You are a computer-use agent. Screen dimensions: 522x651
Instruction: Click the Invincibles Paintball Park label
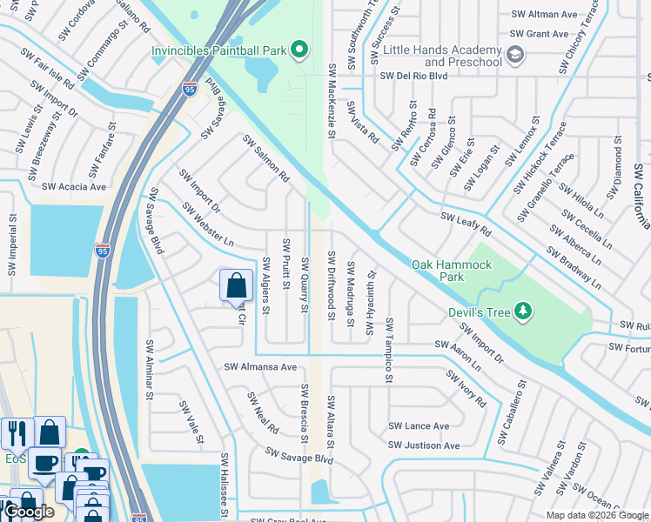tap(219, 50)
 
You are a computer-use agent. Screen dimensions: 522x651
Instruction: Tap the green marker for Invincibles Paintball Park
tap(299, 50)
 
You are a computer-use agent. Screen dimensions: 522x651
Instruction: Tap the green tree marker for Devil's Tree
tap(522, 311)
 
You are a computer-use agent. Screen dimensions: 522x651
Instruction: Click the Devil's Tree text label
tap(476, 311)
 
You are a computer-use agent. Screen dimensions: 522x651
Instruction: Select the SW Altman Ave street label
tap(545, 15)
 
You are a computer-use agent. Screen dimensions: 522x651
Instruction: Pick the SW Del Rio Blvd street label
tap(413, 76)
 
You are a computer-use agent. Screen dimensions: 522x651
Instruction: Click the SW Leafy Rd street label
tap(466, 224)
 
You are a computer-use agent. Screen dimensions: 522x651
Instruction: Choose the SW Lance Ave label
tap(419, 426)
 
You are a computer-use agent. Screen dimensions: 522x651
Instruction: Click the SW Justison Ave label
tap(424, 445)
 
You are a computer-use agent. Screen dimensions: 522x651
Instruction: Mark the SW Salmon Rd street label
tap(265, 157)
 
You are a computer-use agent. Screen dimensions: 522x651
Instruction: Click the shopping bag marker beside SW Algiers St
tap(236, 285)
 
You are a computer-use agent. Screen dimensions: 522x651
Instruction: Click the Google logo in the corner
tap(29, 512)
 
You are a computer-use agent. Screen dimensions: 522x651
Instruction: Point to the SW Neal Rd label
tap(262, 413)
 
